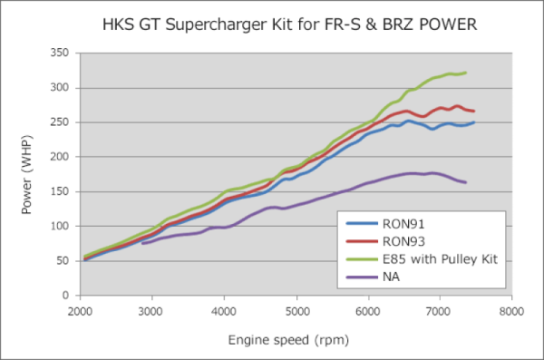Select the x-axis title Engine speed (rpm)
pyautogui.click(x=295, y=341)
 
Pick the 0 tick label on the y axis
pyautogui.click(x=64, y=296)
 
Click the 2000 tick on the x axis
pyautogui.click(x=80, y=309)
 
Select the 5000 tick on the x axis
pyautogui.click(x=296, y=309)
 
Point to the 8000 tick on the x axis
pyautogui.click(x=511, y=309)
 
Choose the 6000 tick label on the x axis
pyautogui.click(x=367, y=309)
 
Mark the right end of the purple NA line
pyautogui.click(x=465, y=182)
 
